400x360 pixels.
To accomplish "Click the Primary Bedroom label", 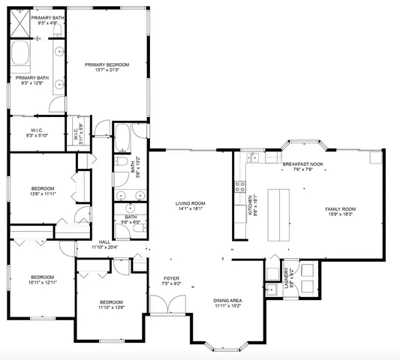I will (107, 65).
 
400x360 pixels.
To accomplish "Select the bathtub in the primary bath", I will (21, 55).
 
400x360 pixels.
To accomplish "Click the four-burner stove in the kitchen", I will (241, 185).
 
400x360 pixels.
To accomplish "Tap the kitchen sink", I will (254, 158).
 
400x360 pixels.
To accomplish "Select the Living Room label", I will (191, 203).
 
